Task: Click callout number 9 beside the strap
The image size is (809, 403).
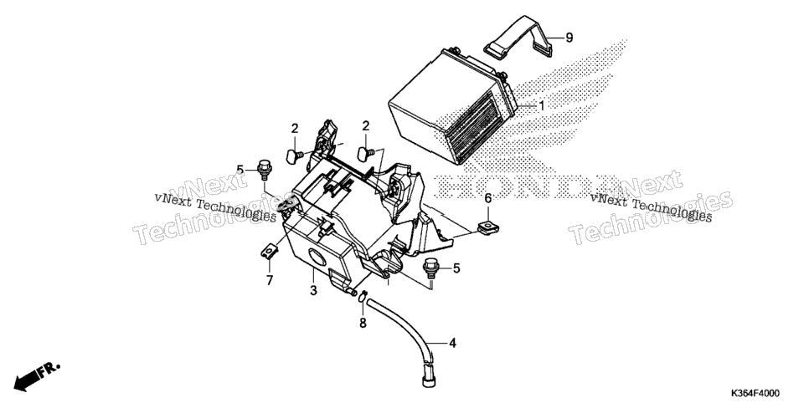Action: [x=569, y=38]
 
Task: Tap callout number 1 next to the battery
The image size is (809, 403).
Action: [x=542, y=106]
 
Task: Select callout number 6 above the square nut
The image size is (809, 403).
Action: [x=488, y=197]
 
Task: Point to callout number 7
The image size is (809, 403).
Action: [x=270, y=281]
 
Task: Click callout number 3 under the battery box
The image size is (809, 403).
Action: [x=313, y=291]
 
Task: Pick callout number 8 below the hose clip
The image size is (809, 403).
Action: [x=363, y=323]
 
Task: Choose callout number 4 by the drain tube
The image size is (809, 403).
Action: [x=452, y=343]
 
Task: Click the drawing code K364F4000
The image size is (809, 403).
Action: [x=755, y=393]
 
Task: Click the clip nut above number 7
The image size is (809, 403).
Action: [x=270, y=251]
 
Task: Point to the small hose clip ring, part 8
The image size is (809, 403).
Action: [x=363, y=296]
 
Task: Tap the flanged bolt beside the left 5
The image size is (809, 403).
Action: [x=264, y=170]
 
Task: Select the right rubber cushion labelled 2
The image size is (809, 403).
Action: [x=366, y=152]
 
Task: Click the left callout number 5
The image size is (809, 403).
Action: [x=240, y=170]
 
